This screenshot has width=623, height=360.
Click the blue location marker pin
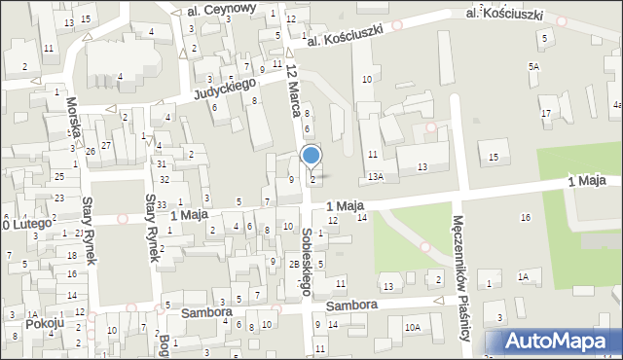[x=311, y=156]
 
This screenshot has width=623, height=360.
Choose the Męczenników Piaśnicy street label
[x=464, y=275]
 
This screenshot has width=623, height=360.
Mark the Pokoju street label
[x=46, y=323]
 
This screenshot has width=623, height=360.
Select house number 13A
[x=375, y=176]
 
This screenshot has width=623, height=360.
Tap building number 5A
[x=533, y=66]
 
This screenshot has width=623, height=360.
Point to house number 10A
[x=413, y=327]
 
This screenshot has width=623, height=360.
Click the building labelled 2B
[x=293, y=264]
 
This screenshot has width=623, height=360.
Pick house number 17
[x=546, y=114]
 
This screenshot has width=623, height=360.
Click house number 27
[x=106, y=145]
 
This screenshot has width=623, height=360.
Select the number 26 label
[x=90, y=151]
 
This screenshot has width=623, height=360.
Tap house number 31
[x=162, y=162]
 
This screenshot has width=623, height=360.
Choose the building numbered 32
[x=165, y=179]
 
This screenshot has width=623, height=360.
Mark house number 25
[x=59, y=176]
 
